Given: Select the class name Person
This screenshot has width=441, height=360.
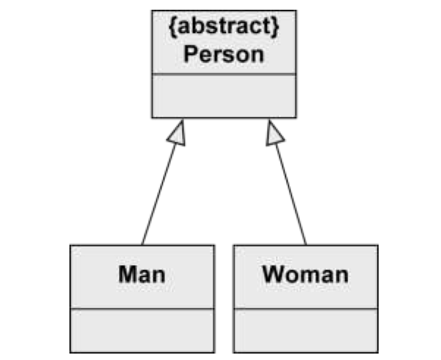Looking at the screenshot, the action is point(224,55).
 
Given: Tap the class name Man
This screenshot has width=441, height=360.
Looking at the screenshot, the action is point(142,274).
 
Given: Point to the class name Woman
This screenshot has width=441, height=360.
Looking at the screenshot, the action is point(305,274).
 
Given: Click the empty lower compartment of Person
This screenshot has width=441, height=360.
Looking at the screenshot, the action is point(224,96).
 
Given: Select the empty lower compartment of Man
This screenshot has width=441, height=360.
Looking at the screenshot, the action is point(142,330).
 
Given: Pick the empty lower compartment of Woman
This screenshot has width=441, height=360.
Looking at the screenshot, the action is point(306,330).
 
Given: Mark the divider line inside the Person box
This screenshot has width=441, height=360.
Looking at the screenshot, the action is point(224,74).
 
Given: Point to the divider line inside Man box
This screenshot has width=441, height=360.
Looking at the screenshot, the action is point(142,309).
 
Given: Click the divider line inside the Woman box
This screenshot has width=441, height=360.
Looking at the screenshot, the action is point(306,309).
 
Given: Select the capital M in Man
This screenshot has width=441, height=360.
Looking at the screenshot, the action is point(127,274).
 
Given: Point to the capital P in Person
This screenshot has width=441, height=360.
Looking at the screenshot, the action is point(190,55).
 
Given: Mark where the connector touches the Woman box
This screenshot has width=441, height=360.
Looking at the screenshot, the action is point(306,244).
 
